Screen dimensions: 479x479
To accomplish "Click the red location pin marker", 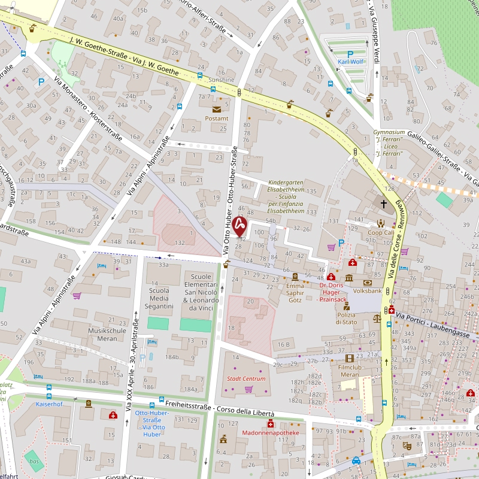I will pyautogui.click(x=239, y=226).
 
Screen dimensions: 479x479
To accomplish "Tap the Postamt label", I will pyautogui.click(x=217, y=119).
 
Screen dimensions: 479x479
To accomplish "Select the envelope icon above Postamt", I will pyautogui.click(x=217, y=109).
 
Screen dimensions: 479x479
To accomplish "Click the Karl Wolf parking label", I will pyautogui.click(x=351, y=62).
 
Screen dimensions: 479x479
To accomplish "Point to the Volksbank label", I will pyautogui.click(x=368, y=292).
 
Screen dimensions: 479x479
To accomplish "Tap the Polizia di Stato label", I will pyautogui.click(x=346, y=319).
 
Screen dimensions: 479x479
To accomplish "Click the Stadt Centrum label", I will pyautogui.click(x=245, y=378).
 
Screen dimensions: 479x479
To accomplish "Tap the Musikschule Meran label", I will pyautogui.click(x=107, y=334).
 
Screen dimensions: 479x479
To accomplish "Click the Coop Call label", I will pyautogui.click(x=381, y=232).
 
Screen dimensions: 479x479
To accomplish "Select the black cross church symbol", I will pyautogui.click(x=383, y=204).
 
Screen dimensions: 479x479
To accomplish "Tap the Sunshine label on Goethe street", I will pyautogui.click(x=221, y=80).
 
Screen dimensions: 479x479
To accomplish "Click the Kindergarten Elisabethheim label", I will pyautogui.click(x=286, y=196).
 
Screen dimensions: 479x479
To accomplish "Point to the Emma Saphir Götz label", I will pyautogui.click(x=295, y=293).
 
